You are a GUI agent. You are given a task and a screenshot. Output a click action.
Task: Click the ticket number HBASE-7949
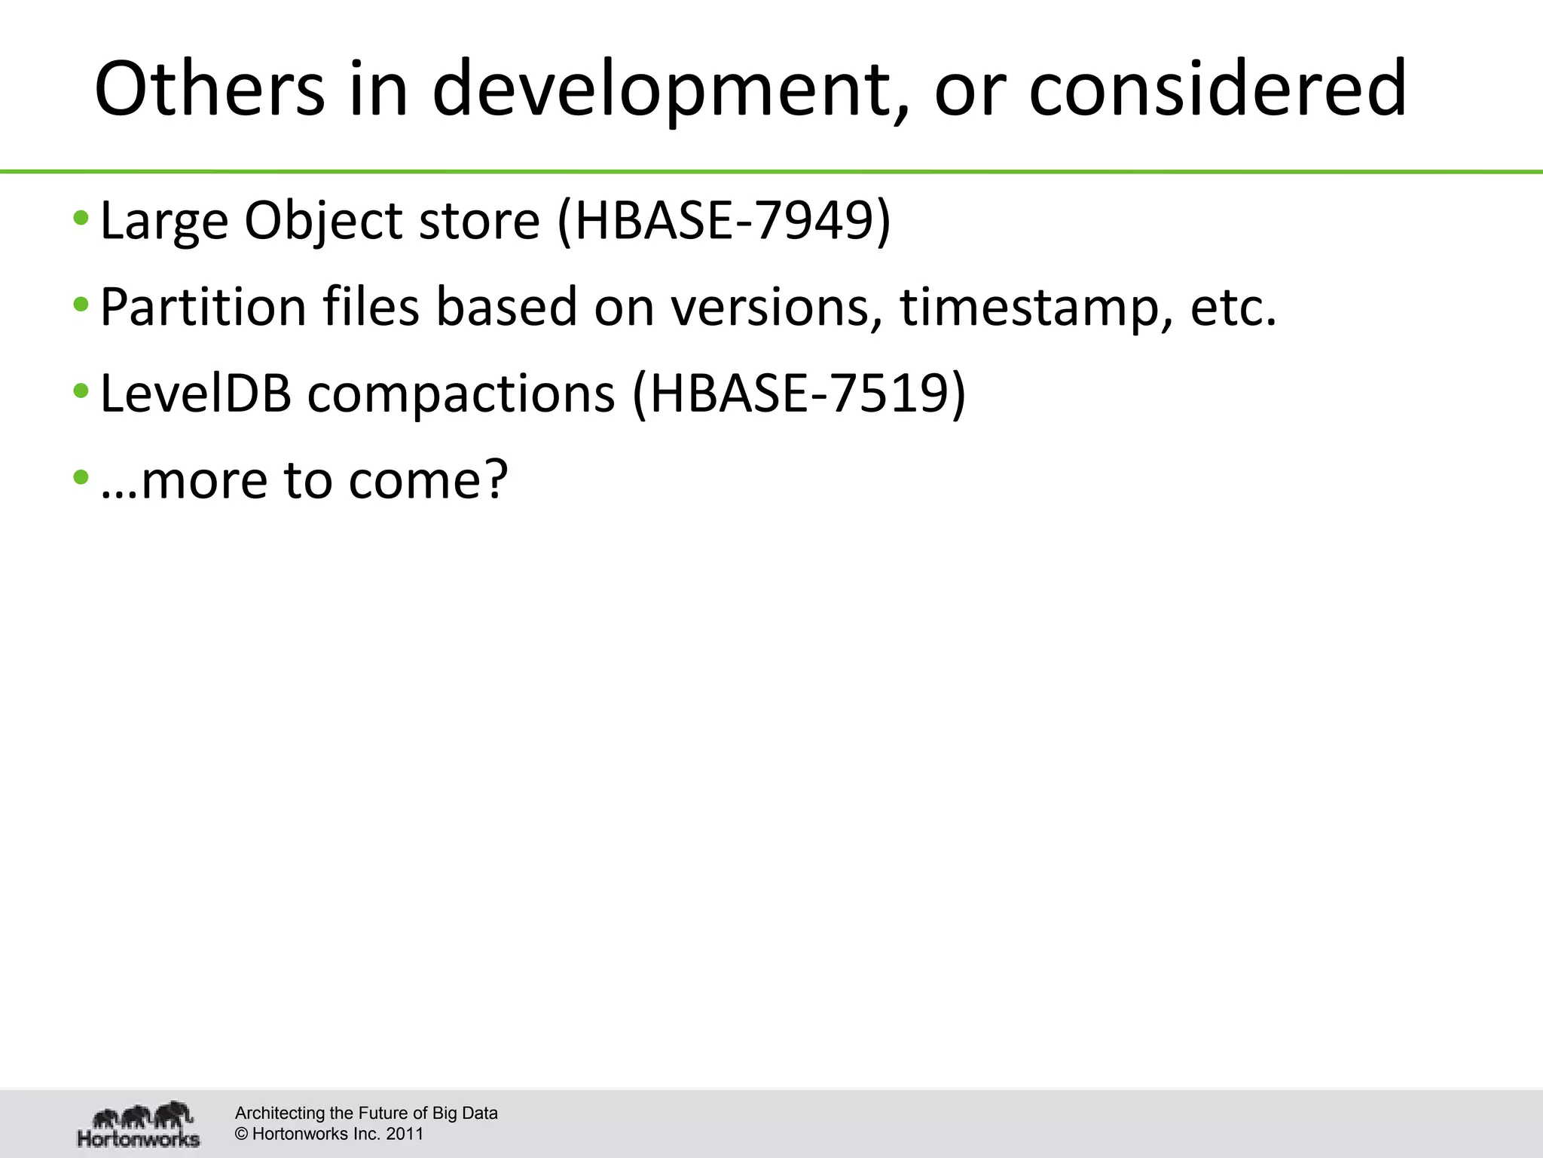click(x=723, y=221)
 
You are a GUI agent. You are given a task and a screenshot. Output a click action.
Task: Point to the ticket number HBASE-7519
click(x=799, y=394)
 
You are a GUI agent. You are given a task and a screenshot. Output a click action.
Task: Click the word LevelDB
click(x=195, y=394)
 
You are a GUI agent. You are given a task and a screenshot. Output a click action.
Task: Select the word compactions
click(x=460, y=395)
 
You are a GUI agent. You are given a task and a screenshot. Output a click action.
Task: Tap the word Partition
click(x=203, y=307)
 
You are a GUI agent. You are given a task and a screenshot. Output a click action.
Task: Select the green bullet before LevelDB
click(x=81, y=392)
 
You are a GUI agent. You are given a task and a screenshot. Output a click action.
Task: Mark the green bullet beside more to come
click(x=81, y=478)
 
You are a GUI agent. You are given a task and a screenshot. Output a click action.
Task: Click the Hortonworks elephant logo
click(x=139, y=1123)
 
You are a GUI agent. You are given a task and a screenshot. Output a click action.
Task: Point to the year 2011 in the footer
click(x=405, y=1134)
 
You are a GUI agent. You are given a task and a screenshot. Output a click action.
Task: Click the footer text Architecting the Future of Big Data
click(x=366, y=1113)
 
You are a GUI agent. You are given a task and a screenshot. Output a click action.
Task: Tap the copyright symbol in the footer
click(x=241, y=1134)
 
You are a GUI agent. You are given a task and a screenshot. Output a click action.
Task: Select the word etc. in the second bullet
click(x=1233, y=308)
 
